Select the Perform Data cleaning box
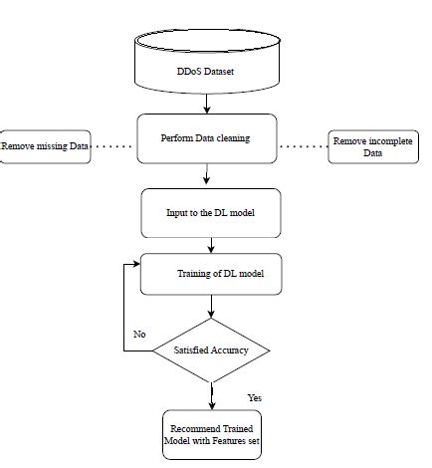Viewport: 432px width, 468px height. click(x=205, y=139)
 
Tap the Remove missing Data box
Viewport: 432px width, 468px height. click(x=46, y=147)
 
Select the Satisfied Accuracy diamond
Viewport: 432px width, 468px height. click(x=211, y=351)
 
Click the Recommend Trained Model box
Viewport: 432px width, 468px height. click(x=211, y=434)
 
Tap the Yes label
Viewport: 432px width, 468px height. click(x=255, y=397)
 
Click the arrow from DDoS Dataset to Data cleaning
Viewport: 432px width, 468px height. click(x=205, y=103)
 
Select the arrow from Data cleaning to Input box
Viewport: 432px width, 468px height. click(x=205, y=175)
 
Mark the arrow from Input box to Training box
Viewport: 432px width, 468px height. click(x=210, y=244)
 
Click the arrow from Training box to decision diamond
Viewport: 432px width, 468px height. click(x=211, y=307)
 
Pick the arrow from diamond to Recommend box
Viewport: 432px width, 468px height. click(x=211, y=395)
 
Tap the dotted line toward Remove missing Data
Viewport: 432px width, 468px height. click(x=112, y=147)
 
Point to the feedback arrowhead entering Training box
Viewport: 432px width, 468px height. click(x=136, y=265)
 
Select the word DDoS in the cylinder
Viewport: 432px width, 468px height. click(x=187, y=74)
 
